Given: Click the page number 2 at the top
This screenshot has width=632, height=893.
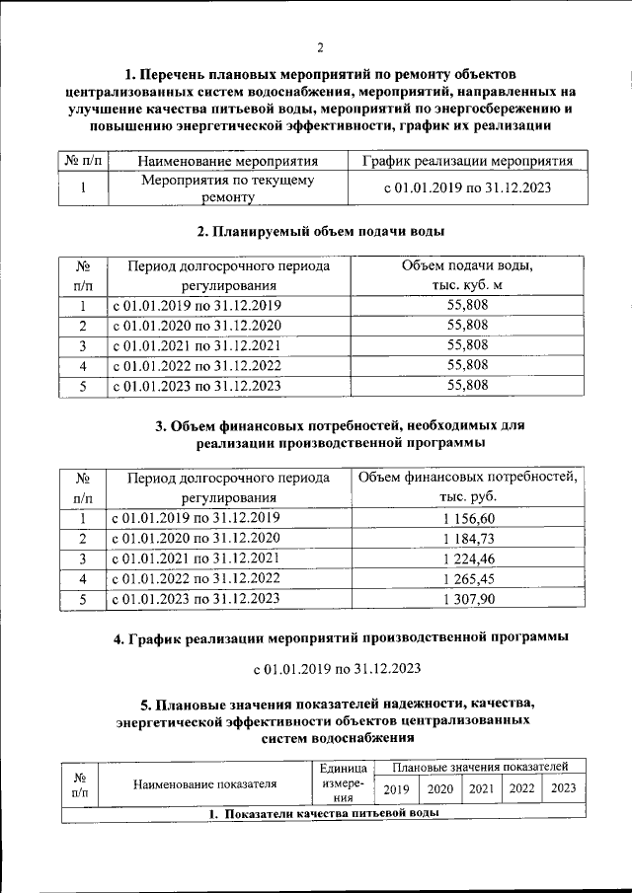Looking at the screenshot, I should (321, 48).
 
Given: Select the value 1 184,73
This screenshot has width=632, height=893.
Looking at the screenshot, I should (468, 538).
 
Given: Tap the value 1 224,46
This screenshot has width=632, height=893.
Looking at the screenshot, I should (468, 558).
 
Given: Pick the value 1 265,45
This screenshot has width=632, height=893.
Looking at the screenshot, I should (468, 578).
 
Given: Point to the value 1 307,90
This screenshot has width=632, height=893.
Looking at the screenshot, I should (468, 598).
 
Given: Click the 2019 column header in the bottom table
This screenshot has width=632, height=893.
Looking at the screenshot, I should (396, 788).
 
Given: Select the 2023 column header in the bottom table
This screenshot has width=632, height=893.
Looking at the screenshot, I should (563, 788).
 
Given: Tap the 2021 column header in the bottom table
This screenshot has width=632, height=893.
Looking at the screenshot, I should (481, 788).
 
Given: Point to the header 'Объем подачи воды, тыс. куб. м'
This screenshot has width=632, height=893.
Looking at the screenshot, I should (468, 275).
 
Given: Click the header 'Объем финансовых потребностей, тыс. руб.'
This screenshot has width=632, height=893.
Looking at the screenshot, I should (468, 487).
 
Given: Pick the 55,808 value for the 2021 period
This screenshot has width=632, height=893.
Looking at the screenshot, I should (468, 345).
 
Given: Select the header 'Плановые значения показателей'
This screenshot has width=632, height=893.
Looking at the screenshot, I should (480, 766).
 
